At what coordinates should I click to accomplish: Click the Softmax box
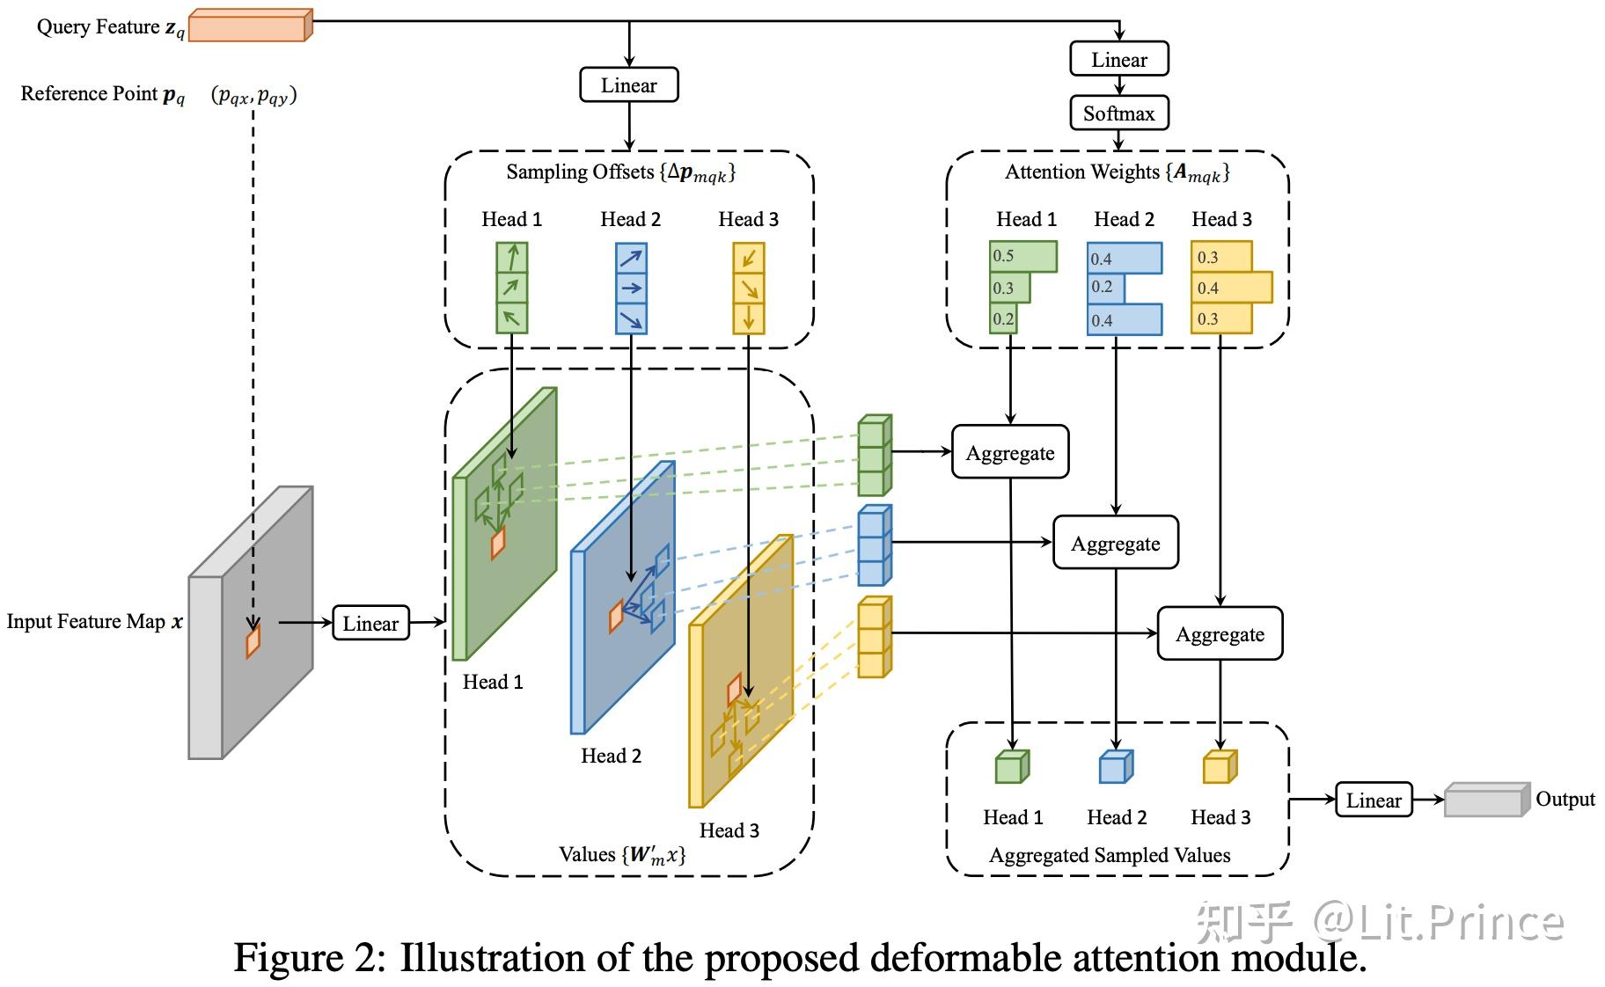tap(1118, 113)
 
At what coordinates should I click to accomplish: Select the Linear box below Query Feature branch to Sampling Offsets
tap(628, 85)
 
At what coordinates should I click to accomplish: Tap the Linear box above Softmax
tap(1118, 60)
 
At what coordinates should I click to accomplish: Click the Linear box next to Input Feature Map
tap(370, 624)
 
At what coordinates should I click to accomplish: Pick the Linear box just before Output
tap(1373, 801)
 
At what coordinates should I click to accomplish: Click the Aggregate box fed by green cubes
tap(1010, 453)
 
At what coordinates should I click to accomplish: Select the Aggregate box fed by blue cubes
tap(1115, 544)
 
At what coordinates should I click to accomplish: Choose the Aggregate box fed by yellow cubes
tap(1220, 634)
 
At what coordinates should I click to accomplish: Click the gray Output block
tap(1485, 801)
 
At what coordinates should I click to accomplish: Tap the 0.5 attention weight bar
tap(1022, 256)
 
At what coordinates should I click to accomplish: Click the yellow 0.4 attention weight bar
tap(1232, 288)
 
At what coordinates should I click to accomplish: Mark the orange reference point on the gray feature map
tap(253, 640)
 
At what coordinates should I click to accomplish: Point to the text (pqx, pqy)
tap(254, 95)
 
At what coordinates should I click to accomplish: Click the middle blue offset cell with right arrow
tap(631, 288)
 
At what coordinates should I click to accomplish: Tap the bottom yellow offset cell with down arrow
tap(749, 318)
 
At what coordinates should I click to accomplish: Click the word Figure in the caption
tap(289, 957)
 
